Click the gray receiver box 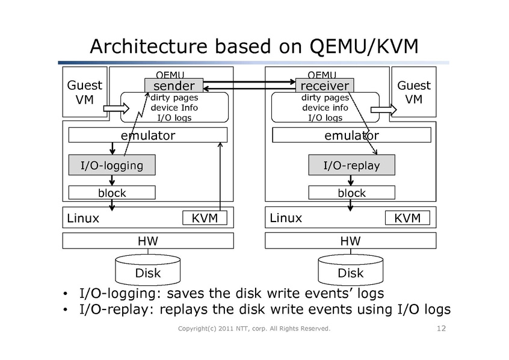pos(324,85)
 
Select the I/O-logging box pos(112,165)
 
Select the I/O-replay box pos(351,165)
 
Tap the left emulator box pos(148,135)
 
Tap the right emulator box pos(351,135)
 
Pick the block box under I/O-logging pos(112,193)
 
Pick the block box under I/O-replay pos(351,193)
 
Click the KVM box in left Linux pos(205,217)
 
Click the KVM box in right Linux pos(407,217)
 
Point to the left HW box pos(148,241)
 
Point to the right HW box pos(350,241)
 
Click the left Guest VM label pos(84,92)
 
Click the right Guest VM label pos(414,92)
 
